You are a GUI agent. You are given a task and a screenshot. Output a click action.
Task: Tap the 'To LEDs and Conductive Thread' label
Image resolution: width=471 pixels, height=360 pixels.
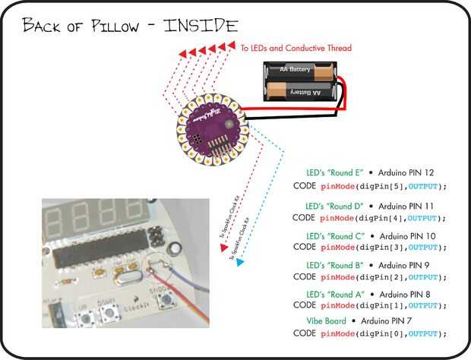point(296,48)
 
